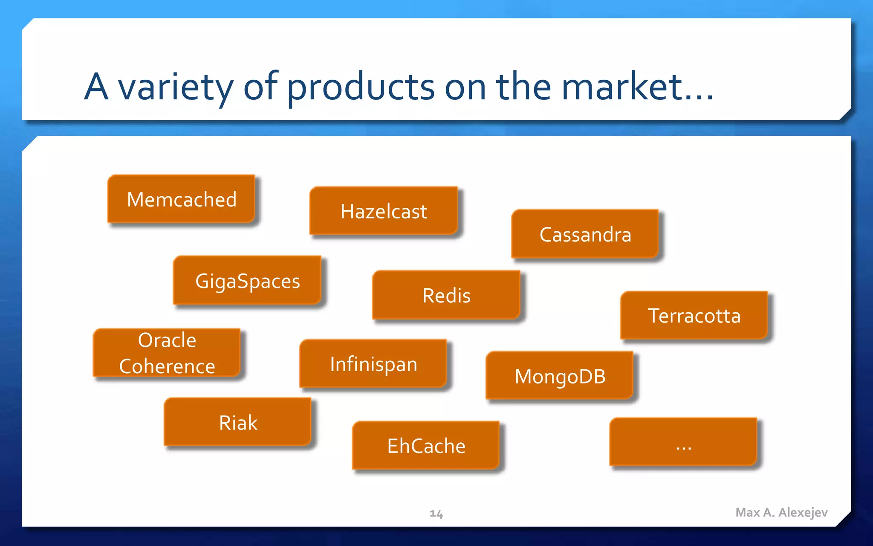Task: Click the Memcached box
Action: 181,199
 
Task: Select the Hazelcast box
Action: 384,211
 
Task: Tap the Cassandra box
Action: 585,234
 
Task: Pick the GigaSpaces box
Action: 247,281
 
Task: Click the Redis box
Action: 446,295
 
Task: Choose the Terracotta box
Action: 694,316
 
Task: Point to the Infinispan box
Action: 373,364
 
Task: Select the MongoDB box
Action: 560,376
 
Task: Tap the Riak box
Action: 238,422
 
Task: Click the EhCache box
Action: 426,446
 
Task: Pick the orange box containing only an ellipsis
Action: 683,442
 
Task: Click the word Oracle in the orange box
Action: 167,340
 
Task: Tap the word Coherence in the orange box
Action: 167,366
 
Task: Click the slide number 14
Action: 436,514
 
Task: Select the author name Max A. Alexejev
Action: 781,512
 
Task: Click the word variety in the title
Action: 176,87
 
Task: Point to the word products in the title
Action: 361,87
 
